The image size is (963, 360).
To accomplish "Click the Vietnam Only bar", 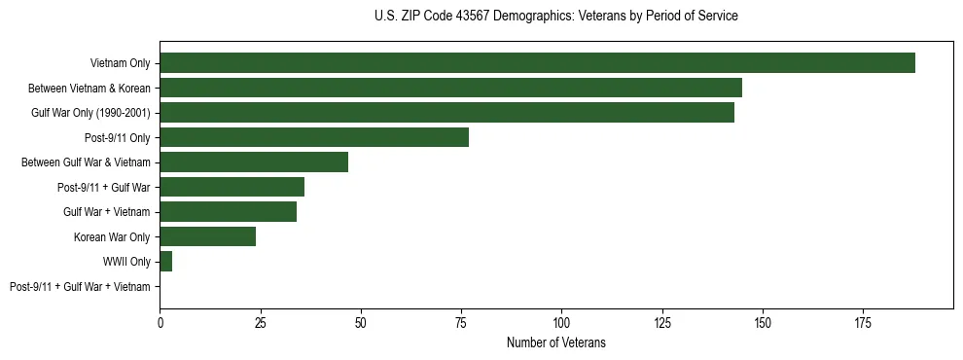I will (537, 63).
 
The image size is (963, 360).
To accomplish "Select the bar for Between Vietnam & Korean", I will (450, 88).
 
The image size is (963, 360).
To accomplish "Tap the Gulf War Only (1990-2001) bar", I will (446, 113).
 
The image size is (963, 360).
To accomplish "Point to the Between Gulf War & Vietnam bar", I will (254, 162).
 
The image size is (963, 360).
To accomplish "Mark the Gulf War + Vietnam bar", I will (228, 212).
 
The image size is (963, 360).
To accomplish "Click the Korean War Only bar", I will (207, 236).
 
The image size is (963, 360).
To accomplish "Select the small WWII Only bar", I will (165, 262).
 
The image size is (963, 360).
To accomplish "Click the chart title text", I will (555, 17).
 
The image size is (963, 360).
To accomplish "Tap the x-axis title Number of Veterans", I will (555, 342).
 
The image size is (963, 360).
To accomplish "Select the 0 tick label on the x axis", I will (160, 321).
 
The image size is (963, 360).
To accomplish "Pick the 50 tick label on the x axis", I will (361, 321).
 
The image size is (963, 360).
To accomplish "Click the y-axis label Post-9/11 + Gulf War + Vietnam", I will (80, 286).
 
